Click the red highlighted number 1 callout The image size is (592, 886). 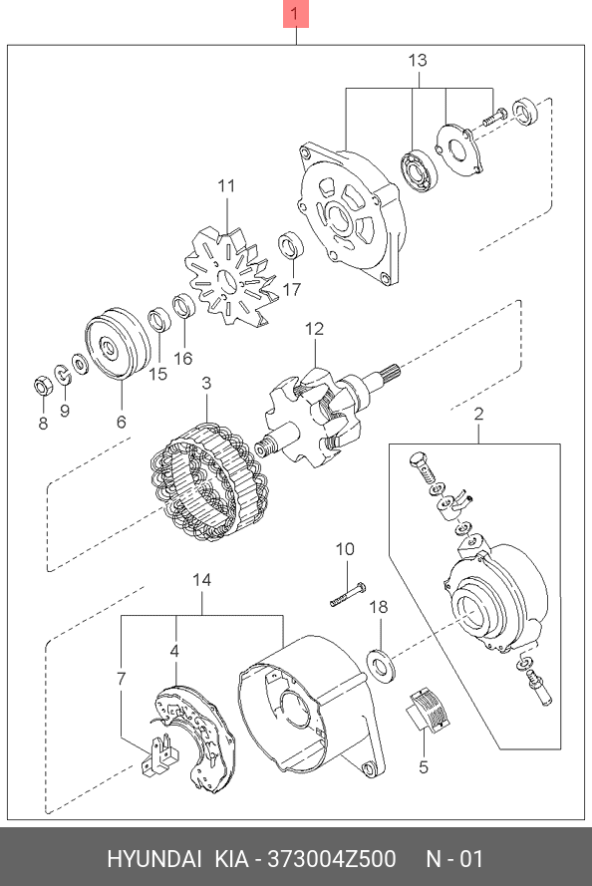click(x=296, y=14)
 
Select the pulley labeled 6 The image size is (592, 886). click(x=118, y=345)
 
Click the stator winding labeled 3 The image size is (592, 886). click(x=208, y=482)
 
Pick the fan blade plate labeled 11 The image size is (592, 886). click(x=231, y=276)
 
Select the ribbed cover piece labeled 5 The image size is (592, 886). click(x=428, y=711)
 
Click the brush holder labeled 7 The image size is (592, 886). click(x=159, y=754)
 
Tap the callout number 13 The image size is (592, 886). click(x=418, y=60)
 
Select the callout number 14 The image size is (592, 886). click(x=201, y=580)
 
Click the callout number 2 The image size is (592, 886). click(x=478, y=414)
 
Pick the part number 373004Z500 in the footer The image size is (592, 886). click(x=332, y=859)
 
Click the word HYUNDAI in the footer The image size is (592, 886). click(x=154, y=859)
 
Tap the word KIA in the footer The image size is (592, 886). click(x=231, y=859)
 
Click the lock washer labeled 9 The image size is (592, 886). click(x=62, y=374)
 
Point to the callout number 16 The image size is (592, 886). click(x=183, y=358)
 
